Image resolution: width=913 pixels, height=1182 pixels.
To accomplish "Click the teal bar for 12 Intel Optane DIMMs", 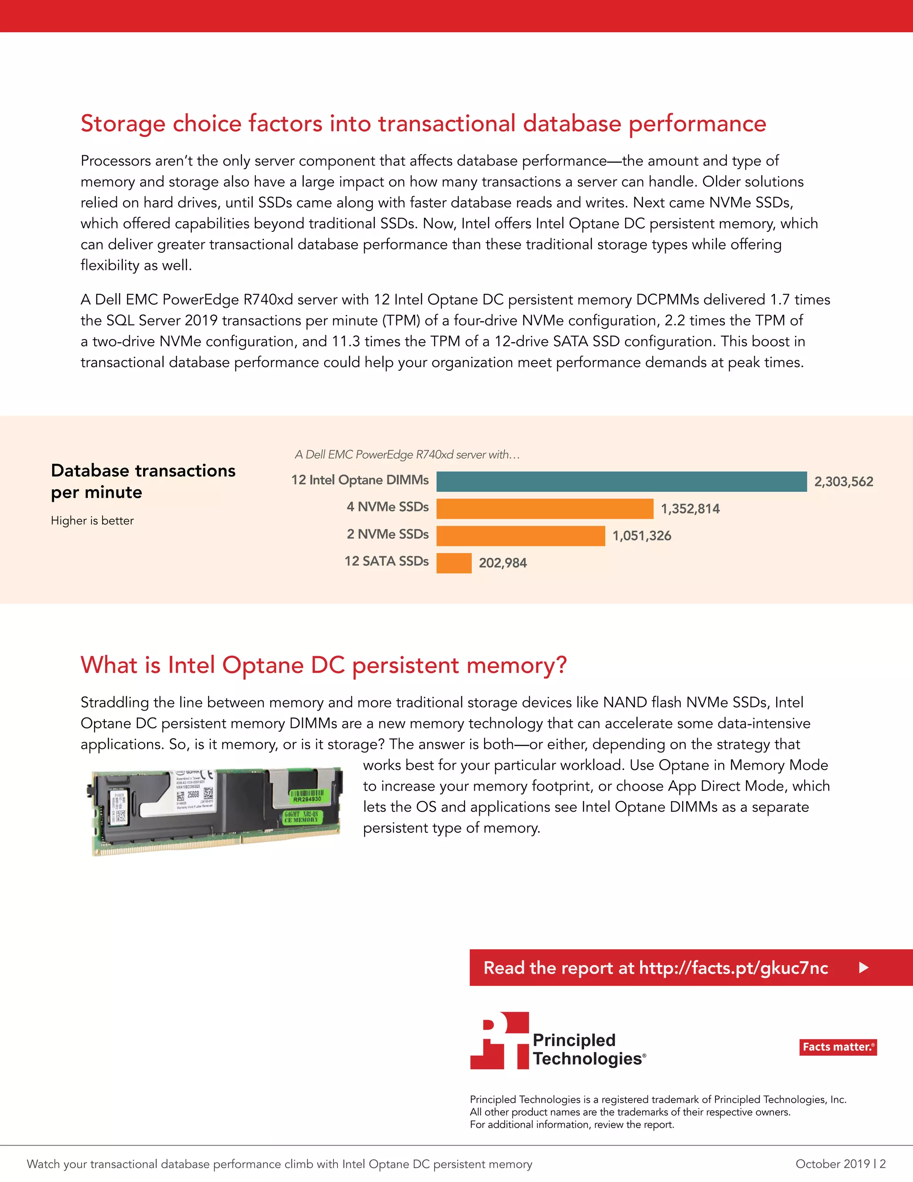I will (621, 481).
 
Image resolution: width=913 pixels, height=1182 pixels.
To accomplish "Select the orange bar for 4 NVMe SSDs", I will (544, 508).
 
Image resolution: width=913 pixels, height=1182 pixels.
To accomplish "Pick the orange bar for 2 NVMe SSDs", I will (520, 535).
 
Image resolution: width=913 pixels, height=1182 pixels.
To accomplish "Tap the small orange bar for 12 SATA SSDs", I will (454, 563).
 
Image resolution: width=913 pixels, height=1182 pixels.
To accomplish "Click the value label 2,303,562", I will (843, 482).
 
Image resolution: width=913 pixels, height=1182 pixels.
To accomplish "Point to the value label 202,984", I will (502, 563).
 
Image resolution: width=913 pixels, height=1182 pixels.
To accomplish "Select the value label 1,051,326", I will (642, 536).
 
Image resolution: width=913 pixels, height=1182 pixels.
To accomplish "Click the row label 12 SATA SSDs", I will (386, 561).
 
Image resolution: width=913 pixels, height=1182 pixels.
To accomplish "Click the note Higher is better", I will (92, 521).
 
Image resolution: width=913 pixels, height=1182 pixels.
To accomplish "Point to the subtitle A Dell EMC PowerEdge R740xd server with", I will (407, 455).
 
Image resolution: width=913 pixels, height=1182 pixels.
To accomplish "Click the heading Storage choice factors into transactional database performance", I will (423, 124).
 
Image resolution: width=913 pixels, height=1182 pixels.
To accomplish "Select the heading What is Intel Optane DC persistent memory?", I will (324, 665).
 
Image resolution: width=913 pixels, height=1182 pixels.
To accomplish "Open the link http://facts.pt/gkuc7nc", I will (733, 968).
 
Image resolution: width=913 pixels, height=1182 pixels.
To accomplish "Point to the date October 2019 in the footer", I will (832, 1164).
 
